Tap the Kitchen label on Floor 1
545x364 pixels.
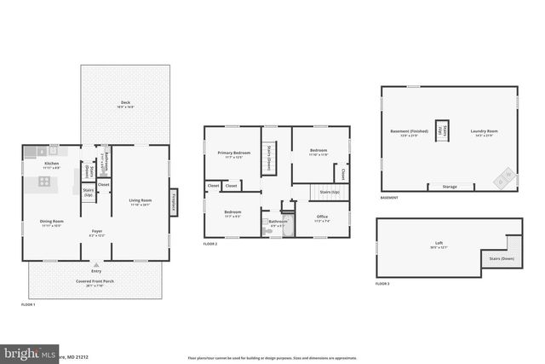click(52, 163)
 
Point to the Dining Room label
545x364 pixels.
click(52, 222)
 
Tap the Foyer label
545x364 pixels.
click(97, 231)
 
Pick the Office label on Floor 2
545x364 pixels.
click(322, 217)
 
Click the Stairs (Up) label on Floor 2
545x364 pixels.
click(330, 193)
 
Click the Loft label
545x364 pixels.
click(439, 245)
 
